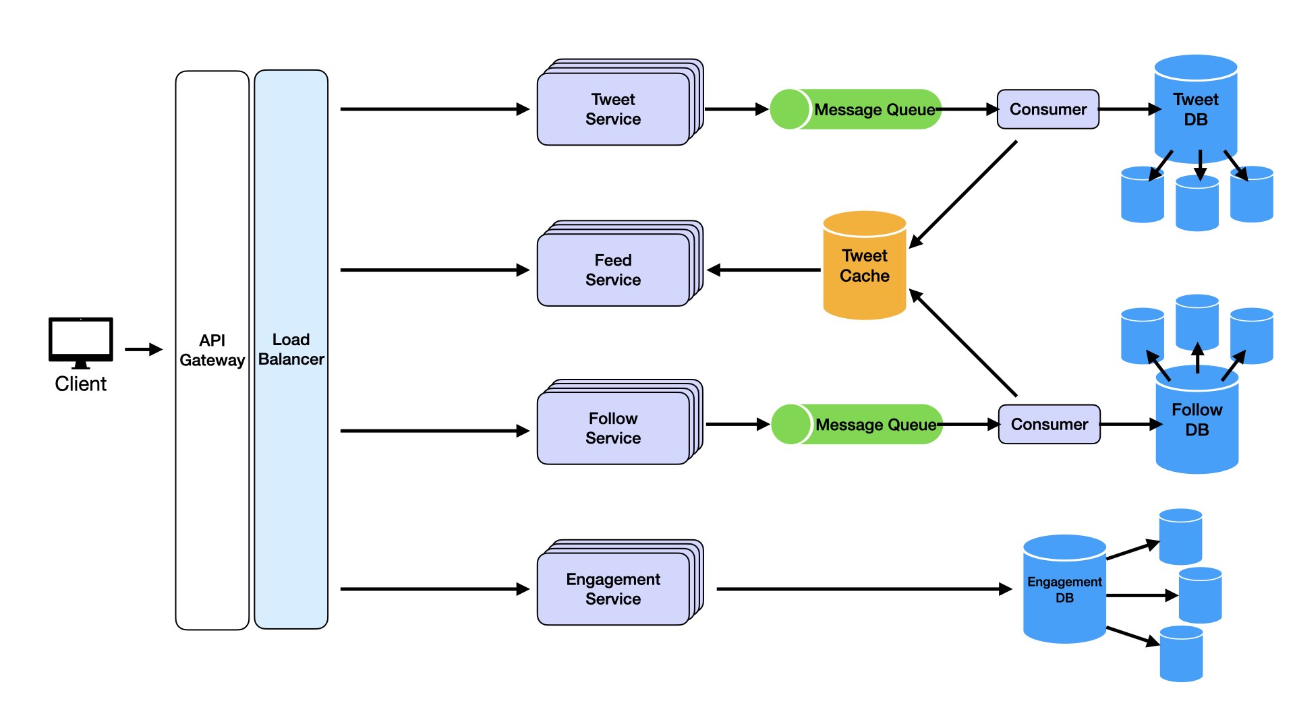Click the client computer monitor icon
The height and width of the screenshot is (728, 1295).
click(80, 340)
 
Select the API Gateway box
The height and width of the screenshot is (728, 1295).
click(212, 350)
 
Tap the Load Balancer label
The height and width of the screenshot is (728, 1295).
click(291, 349)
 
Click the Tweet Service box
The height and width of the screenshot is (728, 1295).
click(613, 109)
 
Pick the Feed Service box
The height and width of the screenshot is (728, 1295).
click(613, 270)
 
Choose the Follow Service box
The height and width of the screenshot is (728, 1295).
click(613, 428)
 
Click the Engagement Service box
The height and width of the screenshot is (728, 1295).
click(613, 588)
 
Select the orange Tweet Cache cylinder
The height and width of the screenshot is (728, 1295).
click(864, 266)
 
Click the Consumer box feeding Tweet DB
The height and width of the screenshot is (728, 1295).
click(1047, 109)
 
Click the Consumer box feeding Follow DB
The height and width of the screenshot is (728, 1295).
click(1049, 424)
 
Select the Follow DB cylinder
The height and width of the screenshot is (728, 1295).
click(1197, 421)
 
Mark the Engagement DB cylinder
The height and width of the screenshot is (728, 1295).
click(1064, 589)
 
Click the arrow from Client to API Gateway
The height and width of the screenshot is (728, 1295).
click(143, 349)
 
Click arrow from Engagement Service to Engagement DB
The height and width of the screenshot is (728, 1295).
click(863, 589)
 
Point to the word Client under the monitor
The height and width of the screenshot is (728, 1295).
click(80, 384)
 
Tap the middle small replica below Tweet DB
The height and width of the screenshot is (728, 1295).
click(1197, 204)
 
